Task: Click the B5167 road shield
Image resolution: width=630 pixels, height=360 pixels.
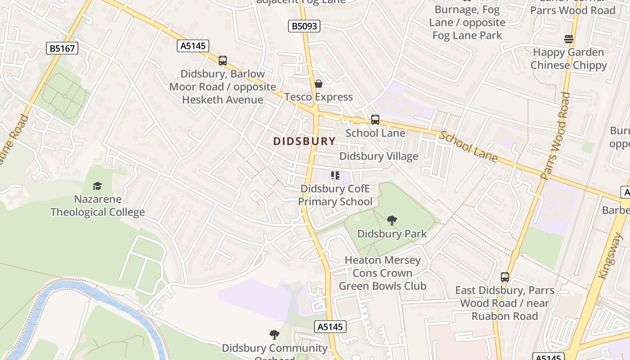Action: (x=62, y=48)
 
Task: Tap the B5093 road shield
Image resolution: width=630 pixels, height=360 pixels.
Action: (x=304, y=26)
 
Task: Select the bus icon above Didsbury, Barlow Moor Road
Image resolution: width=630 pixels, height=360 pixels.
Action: (x=222, y=60)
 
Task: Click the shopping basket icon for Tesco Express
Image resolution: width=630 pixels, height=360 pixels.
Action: (x=319, y=84)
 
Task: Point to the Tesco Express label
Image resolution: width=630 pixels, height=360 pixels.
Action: (x=319, y=97)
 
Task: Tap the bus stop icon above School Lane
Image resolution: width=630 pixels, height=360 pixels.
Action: (x=375, y=120)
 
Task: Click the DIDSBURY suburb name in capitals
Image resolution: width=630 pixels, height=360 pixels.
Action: (x=305, y=141)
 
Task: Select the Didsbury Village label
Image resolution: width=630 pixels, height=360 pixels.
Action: (x=378, y=156)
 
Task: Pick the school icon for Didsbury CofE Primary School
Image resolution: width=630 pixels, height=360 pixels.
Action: (x=335, y=175)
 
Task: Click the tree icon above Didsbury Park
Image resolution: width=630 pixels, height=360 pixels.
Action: (x=392, y=220)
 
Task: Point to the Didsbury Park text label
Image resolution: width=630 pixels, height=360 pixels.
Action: (x=392, y=234)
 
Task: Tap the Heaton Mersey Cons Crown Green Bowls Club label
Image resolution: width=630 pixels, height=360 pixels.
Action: (x=382, y=273)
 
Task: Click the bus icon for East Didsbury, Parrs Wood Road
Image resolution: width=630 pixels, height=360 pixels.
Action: (x=505, y=277)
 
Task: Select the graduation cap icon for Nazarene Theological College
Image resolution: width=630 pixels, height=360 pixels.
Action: (x=97, y=186)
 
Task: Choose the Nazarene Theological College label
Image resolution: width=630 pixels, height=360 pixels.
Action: (x=98, y=206)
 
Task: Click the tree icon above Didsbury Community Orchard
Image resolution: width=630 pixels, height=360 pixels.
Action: (x=274, y=335)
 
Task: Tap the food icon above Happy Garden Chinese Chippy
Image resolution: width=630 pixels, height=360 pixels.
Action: (x=569, y=39)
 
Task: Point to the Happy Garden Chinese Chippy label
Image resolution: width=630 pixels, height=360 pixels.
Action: (x=569, y=59)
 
